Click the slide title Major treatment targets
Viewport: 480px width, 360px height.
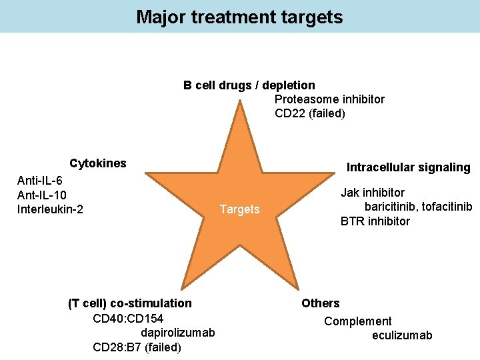[x=239, y=17]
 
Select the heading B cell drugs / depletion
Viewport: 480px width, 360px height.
[x=249, y=85]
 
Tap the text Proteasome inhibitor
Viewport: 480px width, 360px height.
[x=329, y=99]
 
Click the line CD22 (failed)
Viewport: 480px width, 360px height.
[x=310, y=113]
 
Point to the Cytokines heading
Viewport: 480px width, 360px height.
[x=98, y=163]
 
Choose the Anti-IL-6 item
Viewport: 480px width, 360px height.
[x=40, y=181]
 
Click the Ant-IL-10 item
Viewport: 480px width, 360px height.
[x=42, y=195]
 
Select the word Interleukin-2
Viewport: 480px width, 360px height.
[x=50, y=210]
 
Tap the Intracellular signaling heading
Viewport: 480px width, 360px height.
[x=408, y=167]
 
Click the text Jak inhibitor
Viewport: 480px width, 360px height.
[x=373, y=193]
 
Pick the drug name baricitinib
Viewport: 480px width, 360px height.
[x=391, y=207]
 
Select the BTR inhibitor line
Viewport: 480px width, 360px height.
[x=375, y=221]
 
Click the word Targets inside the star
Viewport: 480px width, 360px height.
[x=239, y=210]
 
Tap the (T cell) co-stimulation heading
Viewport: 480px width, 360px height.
[x=130, y=303]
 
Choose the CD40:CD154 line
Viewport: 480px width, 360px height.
[x=128, y=318]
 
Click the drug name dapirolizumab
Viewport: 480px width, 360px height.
[x=177, y=332]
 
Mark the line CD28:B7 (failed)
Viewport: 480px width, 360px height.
[x=137, y=347]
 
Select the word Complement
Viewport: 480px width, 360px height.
[x=358, y=321]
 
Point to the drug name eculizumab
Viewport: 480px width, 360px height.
[x=402, y=335]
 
